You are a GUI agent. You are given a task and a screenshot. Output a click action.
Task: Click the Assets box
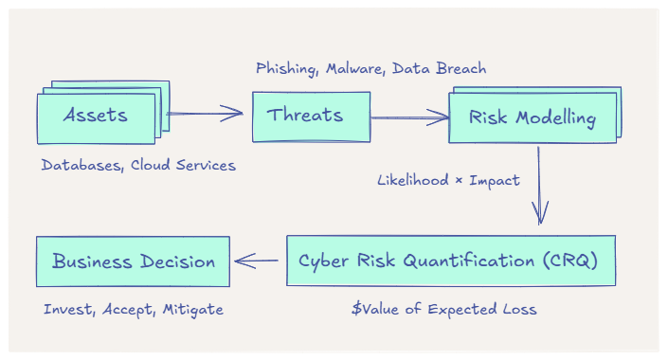[x=95, y=117]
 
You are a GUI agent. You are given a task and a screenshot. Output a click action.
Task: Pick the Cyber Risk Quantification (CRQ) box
[x=450, y=261]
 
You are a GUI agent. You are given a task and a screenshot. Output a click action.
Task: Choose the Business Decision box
[x=133, y=261]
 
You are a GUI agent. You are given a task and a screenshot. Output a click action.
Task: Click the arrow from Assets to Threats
[x=206, y=115]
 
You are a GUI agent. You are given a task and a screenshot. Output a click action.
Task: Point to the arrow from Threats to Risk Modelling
[x=409, y=118]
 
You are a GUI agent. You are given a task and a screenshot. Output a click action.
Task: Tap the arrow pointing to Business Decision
[x=258, y=261]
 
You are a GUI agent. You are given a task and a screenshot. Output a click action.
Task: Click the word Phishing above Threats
[x=286, y=68]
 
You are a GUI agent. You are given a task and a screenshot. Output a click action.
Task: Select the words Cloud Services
[x=183, y=165]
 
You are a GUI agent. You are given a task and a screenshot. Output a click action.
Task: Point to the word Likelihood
[x=412, y=180]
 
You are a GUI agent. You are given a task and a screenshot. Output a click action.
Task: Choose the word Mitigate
[x=193, y=309]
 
